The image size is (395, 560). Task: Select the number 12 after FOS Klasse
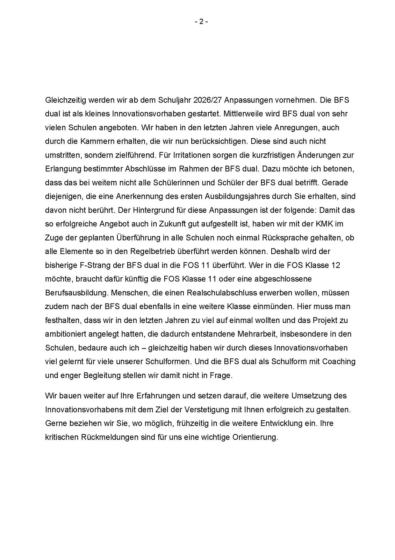335,265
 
